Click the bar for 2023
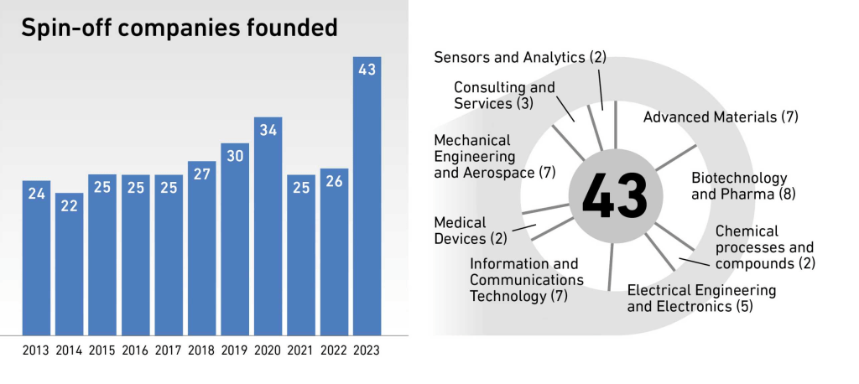click(x=367, y=197)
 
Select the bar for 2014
click(x=70, y=264)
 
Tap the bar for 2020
click(x=268, y=226)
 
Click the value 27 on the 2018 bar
click(x=202, y=174)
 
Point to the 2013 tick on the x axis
click(x=36, y=350)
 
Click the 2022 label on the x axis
click(x=334, y=350)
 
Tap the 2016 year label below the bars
click(x=136, y=350)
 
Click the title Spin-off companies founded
click(x=179, y=29)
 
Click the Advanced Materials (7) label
click(x=721, y=117)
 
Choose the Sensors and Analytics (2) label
click(x=520, y=57)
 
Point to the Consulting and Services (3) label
click(x=504, y=96)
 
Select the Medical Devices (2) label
click(x=471, y=231)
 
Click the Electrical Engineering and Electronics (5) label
click(x=701, y=298)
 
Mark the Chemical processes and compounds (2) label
click(x=764, y=246)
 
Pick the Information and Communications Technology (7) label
click(x=527, y=280)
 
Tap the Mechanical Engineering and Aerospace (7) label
click(x=495, y=157)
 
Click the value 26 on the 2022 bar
click(x=334, y=182)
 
